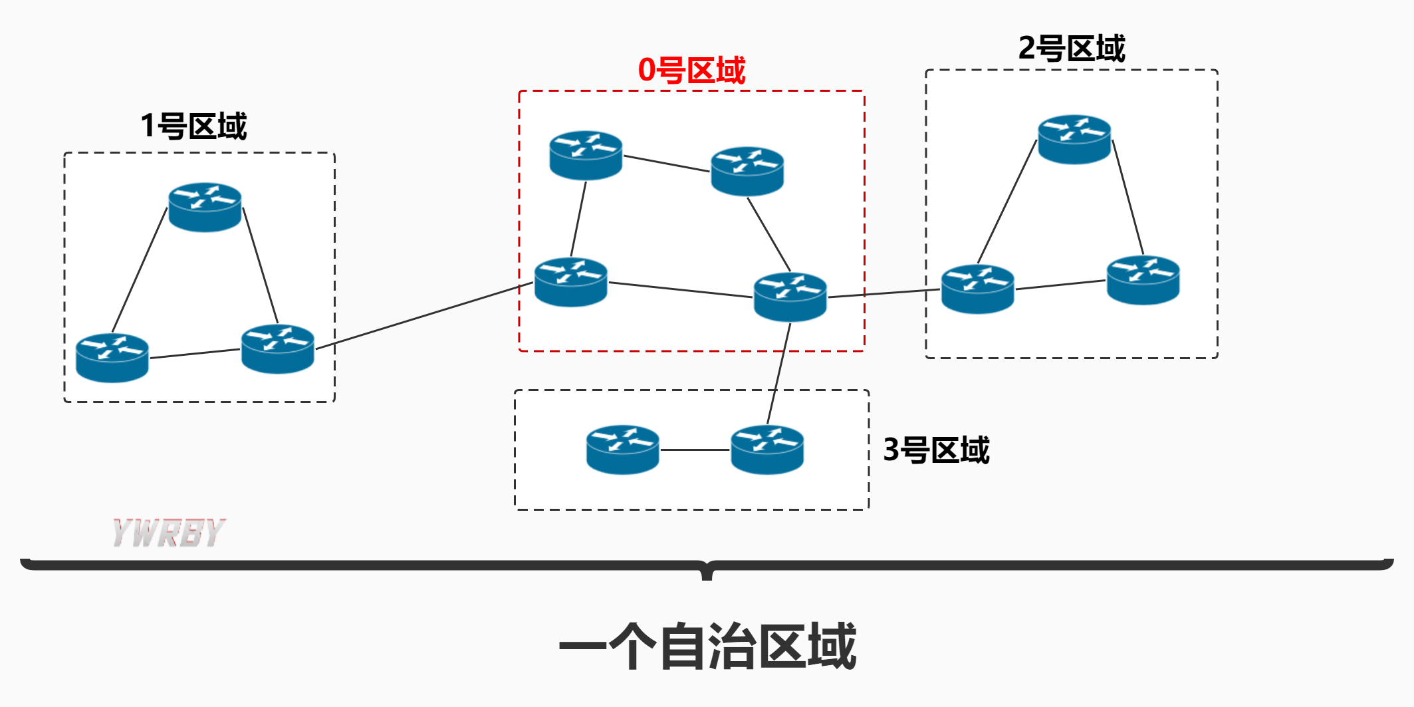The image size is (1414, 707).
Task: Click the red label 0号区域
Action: pyautogui.click(x=691, y=71)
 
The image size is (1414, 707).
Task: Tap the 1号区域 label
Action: pyautogui.click(x=193, y=126)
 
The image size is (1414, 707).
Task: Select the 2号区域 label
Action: pyautogui.click(x=1072, y=49)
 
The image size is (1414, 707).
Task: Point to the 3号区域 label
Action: pyautogui.click(x=936, y=450)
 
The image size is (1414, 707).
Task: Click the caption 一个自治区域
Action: pyautogui.click(x=707, y=646)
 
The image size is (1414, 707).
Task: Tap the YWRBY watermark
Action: pyautogui.click(x=169, y=533)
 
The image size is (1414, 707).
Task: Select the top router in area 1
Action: pyautogui.click(x=205, y=207)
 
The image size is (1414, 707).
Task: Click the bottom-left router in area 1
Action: pyautogui.click(x=112, y=358)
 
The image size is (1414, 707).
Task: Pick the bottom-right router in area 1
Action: pyautogui.click(x=278, y=349)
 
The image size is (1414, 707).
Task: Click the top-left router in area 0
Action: pyautogui.click(x=586, y=155)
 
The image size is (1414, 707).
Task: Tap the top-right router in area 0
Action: pyautogui.click(x=747, y=171)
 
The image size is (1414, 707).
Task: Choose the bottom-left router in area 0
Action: pyautogui.click(x=571, y=282)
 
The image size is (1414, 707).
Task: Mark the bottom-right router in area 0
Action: pyautogui.click(x=790, y=297)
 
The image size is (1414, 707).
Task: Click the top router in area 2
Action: pyautogui.click(x=1074, y=140)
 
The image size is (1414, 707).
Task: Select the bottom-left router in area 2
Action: pyautogui.click(x=977, y=289)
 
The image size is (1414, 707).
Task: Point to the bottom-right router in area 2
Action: pyautogui.click(x=1143, y=280)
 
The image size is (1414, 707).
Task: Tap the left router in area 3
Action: pyautogui.click(x=622, y=450)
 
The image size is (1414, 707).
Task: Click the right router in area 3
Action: pyautogui.click(x=767, y=450)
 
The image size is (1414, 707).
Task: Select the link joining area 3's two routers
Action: pyautogui.click(x=695, y=450)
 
